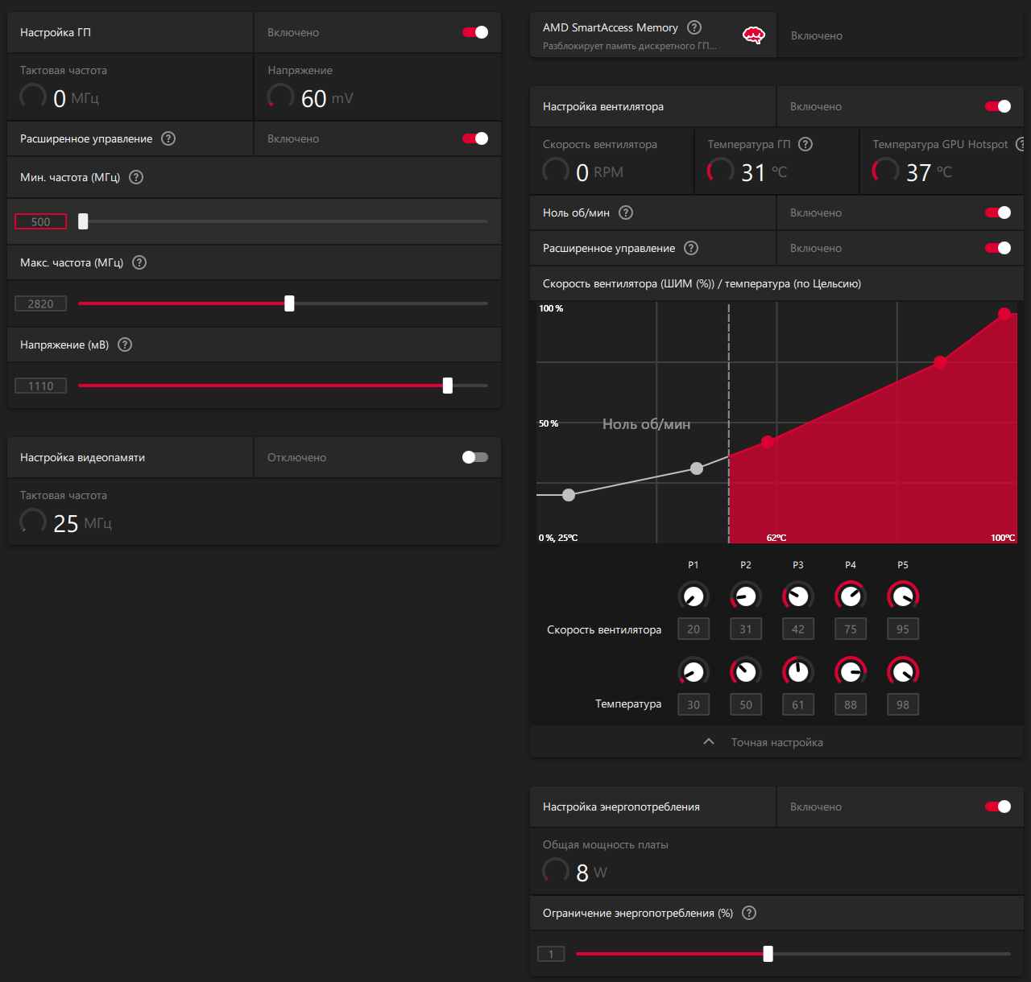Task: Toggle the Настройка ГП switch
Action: (x=475, y=32)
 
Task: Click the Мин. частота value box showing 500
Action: (x=40, y=222)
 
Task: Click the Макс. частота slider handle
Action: (x=289, y=303)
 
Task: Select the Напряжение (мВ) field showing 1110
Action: (x=40, y=386)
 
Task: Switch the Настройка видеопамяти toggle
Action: (x=475, y=457)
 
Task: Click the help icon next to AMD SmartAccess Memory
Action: (x=694, y=27)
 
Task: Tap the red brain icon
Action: (x=753, y=35)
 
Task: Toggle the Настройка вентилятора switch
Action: (x=998, y=106)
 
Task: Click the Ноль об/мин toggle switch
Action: (x=998, y=212)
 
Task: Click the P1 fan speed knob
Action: (x=694, y=596)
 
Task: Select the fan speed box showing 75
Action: (x=851, y=629)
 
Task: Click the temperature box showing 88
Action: (x=851, y=705)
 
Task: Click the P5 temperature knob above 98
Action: (x=903, y=671)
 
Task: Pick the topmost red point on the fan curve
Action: (x=1004, y=314)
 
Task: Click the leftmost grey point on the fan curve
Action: (x=569, y=495)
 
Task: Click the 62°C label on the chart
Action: (x=776, y=538)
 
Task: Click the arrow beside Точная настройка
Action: (x=709, y=742)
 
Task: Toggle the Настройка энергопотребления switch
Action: (x=998, y=807)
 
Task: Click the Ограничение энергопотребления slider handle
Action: (x=768, y=954)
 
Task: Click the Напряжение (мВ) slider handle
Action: (x=448, y=386)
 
